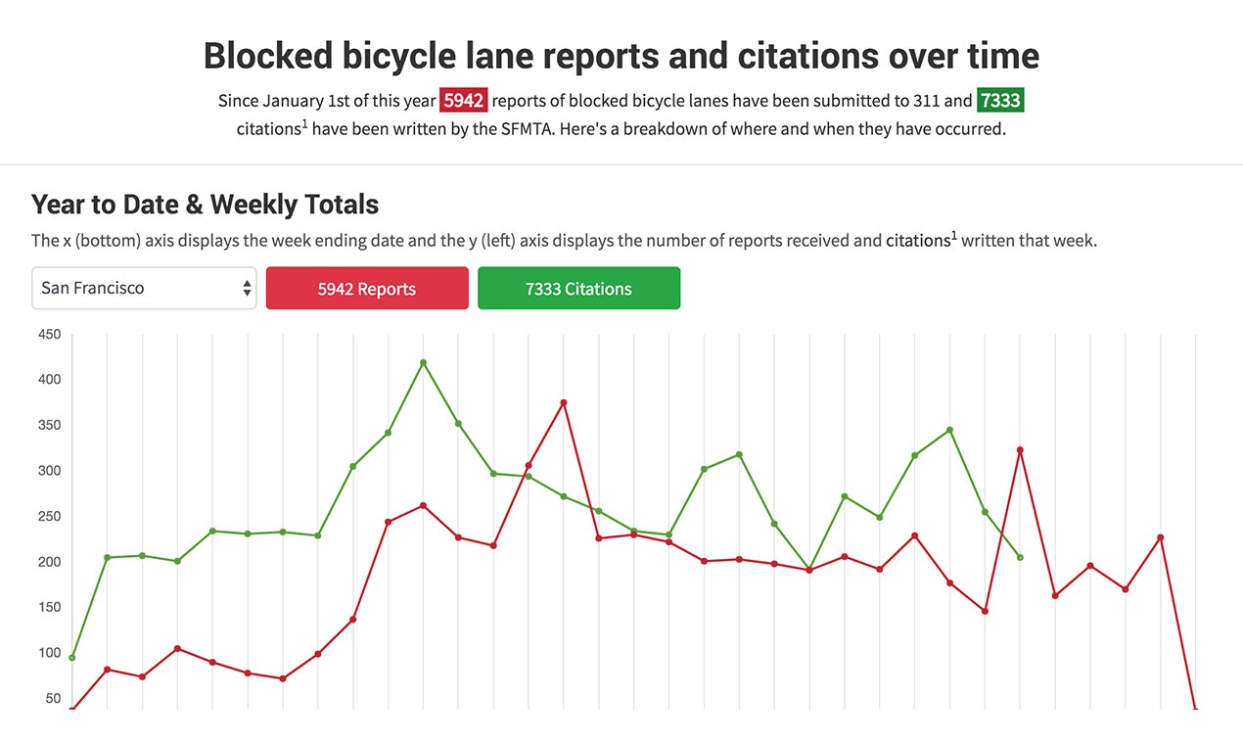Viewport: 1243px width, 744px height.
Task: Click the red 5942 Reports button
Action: (x=367, y=289)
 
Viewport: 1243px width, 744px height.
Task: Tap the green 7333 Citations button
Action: (x=578, y=289)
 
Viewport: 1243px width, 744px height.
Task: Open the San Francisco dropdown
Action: (x=144, y=289)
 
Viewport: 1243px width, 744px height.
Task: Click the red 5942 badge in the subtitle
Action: (x=464, y=101)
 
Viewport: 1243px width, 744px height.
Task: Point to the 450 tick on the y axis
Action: (x=49, y=335)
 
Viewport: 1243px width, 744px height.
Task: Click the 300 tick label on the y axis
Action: (x=49, y=471)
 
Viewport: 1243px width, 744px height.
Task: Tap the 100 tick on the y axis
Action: (x=49, y=653)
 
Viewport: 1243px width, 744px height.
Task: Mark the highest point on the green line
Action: (x=423, y=362)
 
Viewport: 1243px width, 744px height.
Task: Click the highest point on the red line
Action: (x=564, y=402)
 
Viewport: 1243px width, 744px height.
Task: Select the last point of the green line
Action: (x=1020, y=557)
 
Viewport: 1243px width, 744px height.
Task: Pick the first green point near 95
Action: (x=72, y=657)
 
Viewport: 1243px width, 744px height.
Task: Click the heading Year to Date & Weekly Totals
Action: (x=205, y=205)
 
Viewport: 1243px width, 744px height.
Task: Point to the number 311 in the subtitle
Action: (x=926, y=101)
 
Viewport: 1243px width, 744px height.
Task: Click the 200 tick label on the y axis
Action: (x=49, y=562)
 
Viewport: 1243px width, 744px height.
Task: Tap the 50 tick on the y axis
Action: (x=52, y=699)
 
